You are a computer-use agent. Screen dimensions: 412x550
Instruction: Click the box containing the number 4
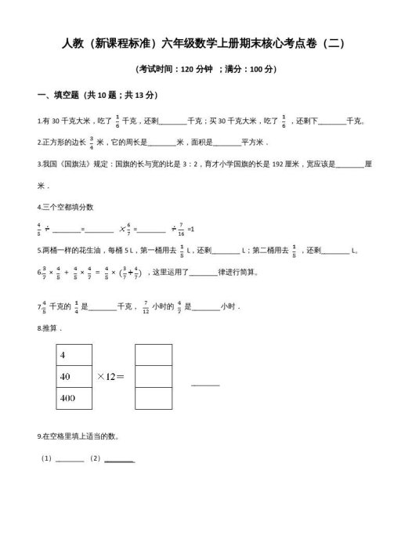point(77,355)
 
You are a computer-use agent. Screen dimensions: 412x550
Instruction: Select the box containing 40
point(77,377)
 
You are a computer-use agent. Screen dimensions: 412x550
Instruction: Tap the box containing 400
point(77,399)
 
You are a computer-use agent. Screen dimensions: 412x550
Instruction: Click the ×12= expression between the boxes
point(114,377)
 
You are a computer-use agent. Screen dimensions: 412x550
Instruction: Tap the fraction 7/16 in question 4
point(180,229)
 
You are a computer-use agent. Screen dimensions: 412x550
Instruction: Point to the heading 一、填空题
point(60,95)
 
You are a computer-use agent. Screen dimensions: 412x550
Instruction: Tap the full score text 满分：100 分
point(249,69)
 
